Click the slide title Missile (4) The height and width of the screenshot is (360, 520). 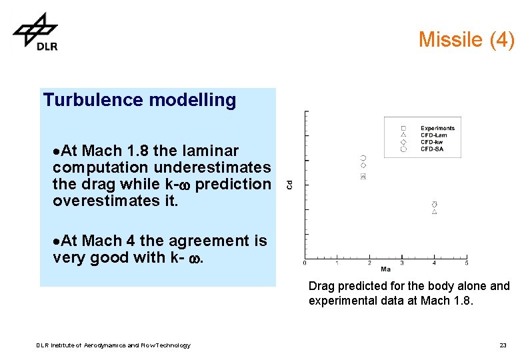point(466,40)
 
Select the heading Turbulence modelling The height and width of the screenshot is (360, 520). point(139,101)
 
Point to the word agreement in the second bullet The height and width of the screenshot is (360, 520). point(201,241)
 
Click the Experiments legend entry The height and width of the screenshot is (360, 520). point(437,128)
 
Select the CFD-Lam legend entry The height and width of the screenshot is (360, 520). point(433,135)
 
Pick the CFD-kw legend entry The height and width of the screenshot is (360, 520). point(432,142)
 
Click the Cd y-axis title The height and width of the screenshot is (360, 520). point(289,184)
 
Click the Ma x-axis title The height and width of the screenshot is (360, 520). point(385,269)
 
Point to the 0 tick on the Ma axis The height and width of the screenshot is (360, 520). point(305,263)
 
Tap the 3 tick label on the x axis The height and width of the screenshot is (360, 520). point(402,263)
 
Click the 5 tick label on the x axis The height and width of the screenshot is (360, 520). point(466,263)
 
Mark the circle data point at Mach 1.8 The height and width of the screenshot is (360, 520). point(363,158)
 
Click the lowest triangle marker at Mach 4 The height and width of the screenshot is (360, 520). point(434,212)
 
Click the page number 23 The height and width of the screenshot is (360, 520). point(503,345)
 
